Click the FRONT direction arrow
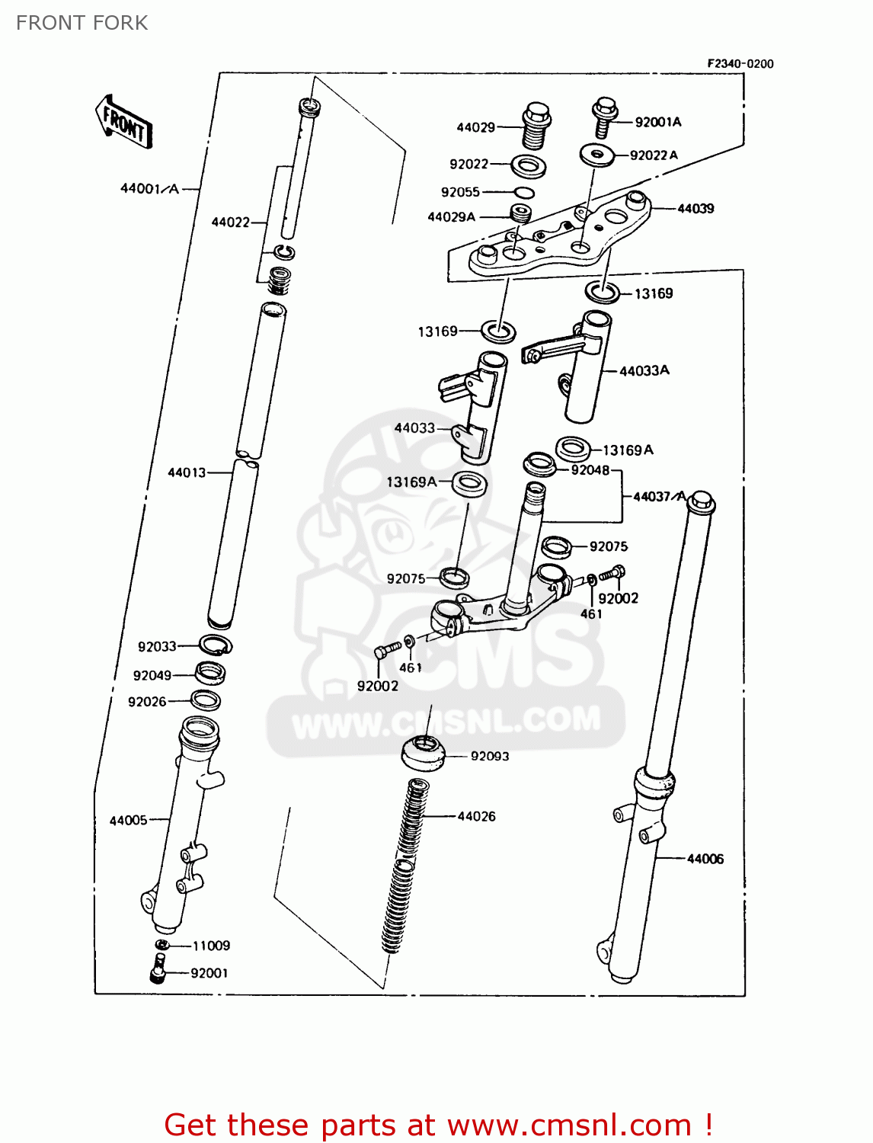(123, 123)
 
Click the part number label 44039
(696, 209)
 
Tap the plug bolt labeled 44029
(536, 126)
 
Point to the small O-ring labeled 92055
(523, 192)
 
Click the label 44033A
(644, 371)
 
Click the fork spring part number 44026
(476, 817)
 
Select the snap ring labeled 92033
(216, 645)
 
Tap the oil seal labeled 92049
(210, 673)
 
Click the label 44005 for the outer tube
(128, 821)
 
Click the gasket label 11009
(211, 946)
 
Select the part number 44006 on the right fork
(705, 859)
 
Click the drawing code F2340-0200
(740, 64)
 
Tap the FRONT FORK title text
(82, 23)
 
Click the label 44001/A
(149, 188)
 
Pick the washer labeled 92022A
(596, 155)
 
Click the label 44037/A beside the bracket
(660, 497)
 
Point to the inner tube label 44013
(187, 472)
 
